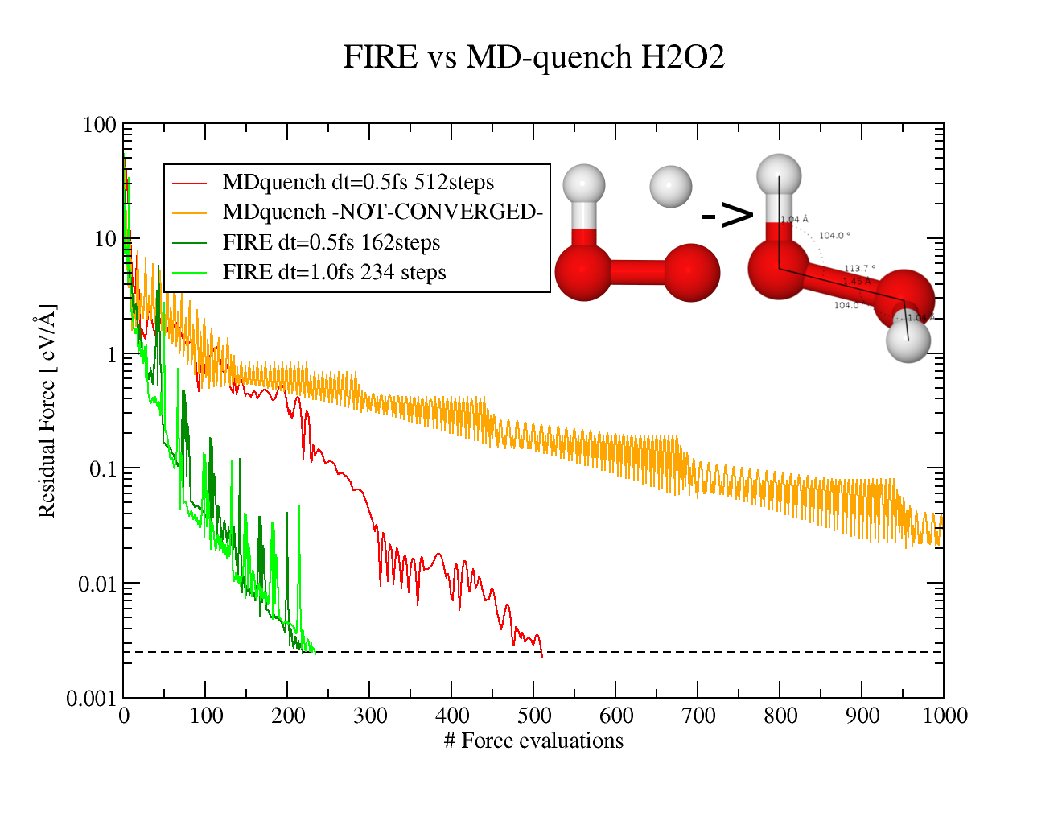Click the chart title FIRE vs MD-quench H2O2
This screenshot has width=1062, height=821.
pos(533,57)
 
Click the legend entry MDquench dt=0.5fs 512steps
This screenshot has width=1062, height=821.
pos(358,183)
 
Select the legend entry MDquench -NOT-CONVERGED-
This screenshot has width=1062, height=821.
pos(382,212)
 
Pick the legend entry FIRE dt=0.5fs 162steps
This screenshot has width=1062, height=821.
pos(331,242)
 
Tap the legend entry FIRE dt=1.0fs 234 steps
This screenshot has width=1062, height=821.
pos(334,272)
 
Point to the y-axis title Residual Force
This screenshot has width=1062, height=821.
pos(47,410)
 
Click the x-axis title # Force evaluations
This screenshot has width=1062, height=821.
pos(533,741)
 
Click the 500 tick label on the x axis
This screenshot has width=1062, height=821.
pos(534,716)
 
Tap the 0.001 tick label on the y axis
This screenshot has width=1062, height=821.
pos(91,699)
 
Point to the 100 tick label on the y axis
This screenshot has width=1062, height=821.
pos(100,126)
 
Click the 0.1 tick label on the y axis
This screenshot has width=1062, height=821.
pos(103,469)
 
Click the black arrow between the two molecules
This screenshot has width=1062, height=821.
pos(727,214)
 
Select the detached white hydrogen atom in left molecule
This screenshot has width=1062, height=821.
pos(671,187)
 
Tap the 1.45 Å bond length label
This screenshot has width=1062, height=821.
pos(857,282)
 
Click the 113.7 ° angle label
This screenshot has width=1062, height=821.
pos(859,269)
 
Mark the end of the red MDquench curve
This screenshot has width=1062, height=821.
pos(542,656)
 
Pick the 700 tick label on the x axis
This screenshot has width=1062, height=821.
pos(698,716)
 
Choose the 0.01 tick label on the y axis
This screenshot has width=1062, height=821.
pos(97,584)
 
